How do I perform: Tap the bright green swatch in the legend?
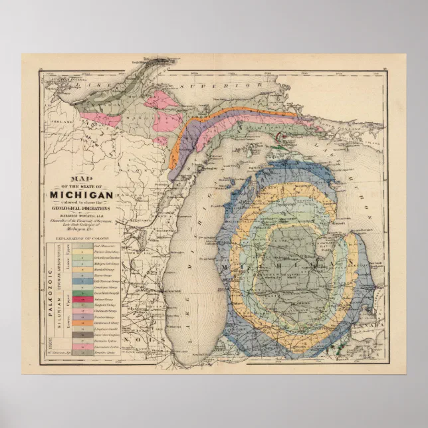pyautogui.click(x=80, y=292)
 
